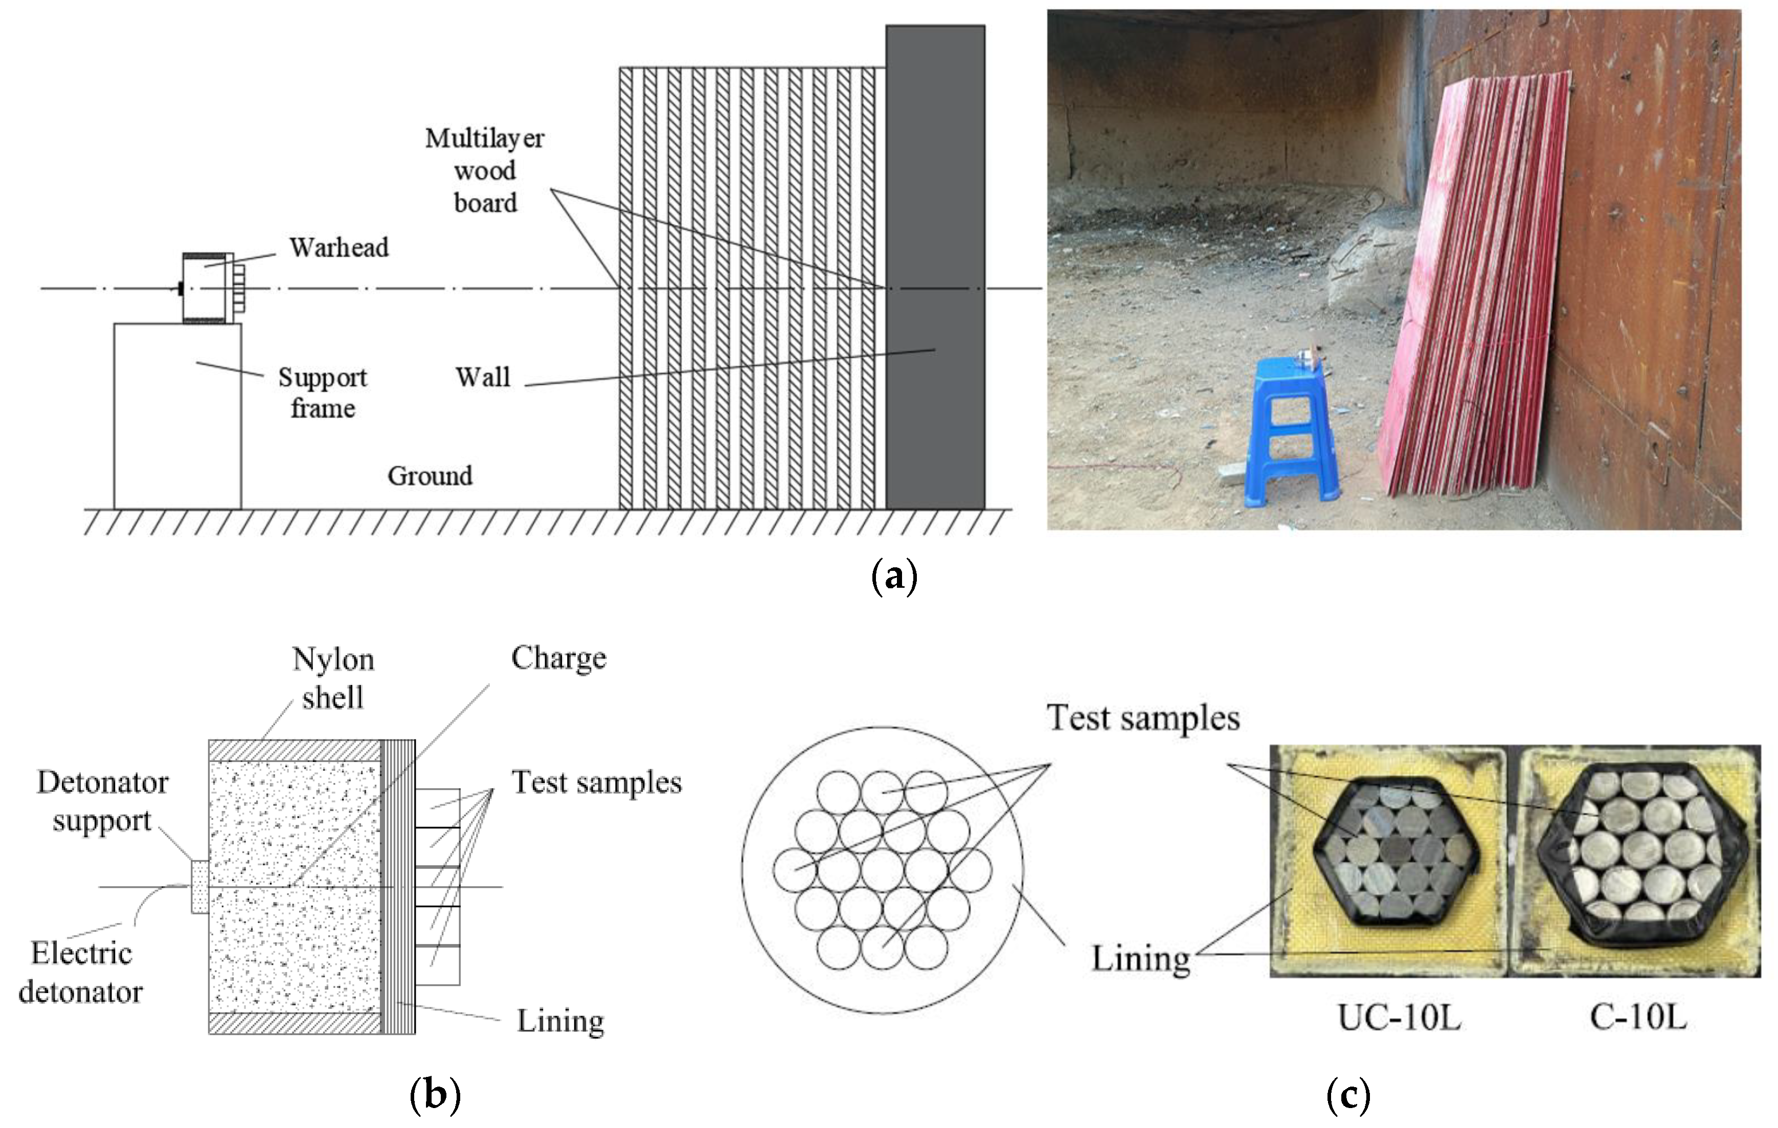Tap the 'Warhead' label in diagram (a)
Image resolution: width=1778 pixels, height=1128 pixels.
338,248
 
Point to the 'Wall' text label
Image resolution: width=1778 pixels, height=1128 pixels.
483,377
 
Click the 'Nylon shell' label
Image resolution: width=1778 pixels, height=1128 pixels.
333,678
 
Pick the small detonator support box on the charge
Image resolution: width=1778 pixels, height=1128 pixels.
199,886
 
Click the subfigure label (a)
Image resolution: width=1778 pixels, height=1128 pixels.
894,576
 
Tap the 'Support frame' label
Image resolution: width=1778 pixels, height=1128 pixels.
323,393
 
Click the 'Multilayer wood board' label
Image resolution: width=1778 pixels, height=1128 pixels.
484,171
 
